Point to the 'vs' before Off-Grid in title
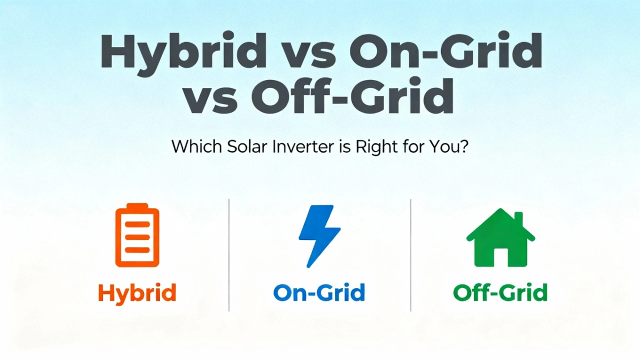click(x=211, y=99)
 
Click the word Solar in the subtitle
click(x=238, y=147)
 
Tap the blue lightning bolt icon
click(x=318, y=235)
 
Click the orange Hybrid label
click(x=137, y=293)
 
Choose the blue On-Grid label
click(x=319, y=293)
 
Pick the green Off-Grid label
click(x=500, y=293)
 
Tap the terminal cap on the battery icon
click(x=138, y=206)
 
